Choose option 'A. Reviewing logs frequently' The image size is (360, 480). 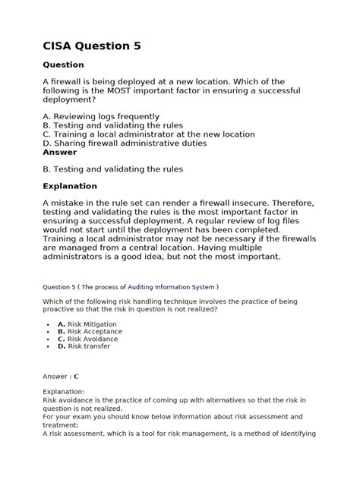click(106, 116)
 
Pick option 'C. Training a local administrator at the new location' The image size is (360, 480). click(149, 134)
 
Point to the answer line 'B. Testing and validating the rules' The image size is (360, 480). click(112, 169)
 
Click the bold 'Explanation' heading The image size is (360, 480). click(70, 186)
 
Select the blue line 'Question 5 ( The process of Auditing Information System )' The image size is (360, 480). click(131, 287)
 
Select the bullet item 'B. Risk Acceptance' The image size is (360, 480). click(90, 331)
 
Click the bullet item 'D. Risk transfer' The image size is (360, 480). click(84, 346)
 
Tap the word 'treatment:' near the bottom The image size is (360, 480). click(62, 426)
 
